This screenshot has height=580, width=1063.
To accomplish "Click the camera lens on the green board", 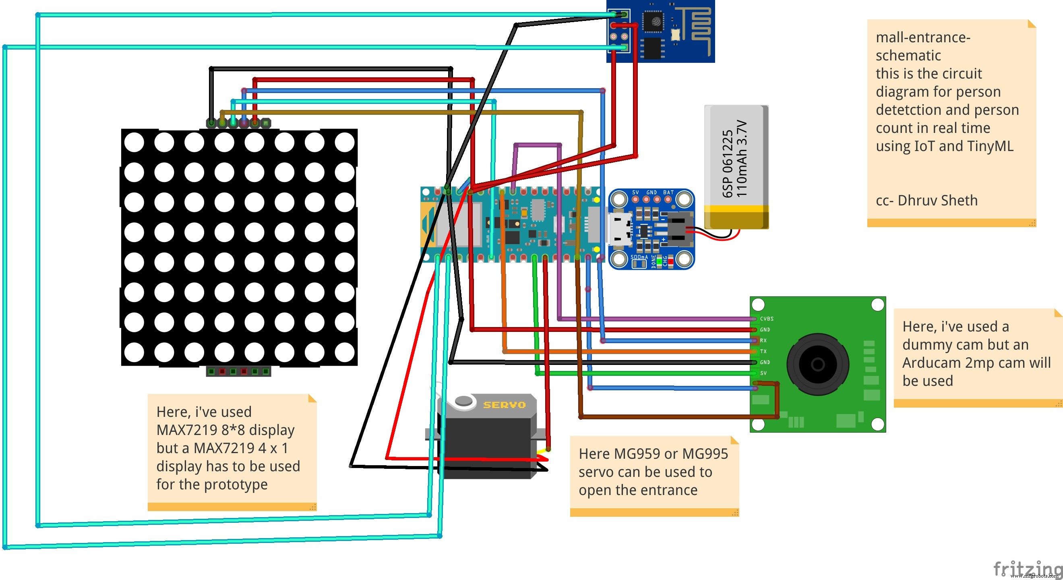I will click(817, 365).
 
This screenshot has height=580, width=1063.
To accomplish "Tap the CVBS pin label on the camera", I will click(767, 319).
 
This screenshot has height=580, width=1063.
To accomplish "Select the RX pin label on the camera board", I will click(763, 341).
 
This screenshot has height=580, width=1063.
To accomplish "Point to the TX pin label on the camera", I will click(763, 351).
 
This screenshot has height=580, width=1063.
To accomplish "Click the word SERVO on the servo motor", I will click(504, 405).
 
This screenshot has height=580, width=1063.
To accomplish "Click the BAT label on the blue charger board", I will click(668, 193).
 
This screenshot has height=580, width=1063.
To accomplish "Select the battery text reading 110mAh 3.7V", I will click(742, 159).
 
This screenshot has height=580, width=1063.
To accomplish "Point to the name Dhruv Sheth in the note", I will click(937, 201).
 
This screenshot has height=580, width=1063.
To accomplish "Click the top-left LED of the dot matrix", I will click(134, 143).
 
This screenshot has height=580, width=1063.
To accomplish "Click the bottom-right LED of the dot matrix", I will click(345, 352).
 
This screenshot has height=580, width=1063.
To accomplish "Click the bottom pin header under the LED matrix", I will click(238, 371).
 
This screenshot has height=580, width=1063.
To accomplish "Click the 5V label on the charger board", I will click(635, 193).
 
